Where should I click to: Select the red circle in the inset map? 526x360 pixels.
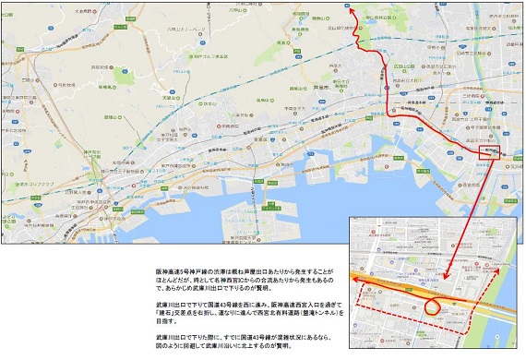pyautogui.click(x=431, y=301)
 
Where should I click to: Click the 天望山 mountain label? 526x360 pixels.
pyautogui.click(x=168, y=72)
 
